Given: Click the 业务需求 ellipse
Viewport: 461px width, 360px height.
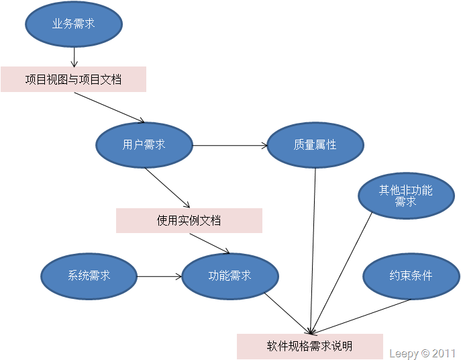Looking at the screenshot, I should coord(74,24).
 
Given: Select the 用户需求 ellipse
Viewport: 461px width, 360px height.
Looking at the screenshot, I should coord(144,144).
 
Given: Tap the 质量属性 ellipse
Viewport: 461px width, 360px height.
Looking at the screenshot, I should coord(315,144).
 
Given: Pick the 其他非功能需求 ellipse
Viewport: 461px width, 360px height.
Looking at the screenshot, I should coord(406,195).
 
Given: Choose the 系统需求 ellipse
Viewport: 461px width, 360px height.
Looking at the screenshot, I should coord(89,275).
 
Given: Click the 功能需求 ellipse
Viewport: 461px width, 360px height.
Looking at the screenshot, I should coord(230,275).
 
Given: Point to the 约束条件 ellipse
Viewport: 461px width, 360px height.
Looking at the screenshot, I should coord(411,275).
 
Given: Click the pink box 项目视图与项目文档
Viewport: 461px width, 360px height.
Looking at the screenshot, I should coord(73,79).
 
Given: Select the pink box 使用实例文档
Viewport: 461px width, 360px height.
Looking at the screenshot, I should coord(189,220).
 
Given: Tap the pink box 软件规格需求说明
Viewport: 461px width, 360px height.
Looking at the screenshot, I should coord(309,347).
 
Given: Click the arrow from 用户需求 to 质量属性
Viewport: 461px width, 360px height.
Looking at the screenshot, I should coord(230,144).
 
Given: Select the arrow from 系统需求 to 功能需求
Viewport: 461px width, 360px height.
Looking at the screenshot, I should coord(160,275).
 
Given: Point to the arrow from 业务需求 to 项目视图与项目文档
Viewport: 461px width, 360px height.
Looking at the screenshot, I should coord(74,56).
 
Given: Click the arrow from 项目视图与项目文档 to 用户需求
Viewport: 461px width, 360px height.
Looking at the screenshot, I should coord(109,107).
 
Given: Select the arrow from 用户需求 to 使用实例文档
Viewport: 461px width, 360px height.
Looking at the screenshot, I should coord(168,187).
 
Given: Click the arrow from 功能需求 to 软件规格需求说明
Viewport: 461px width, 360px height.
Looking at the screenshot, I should coord(287,312).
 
